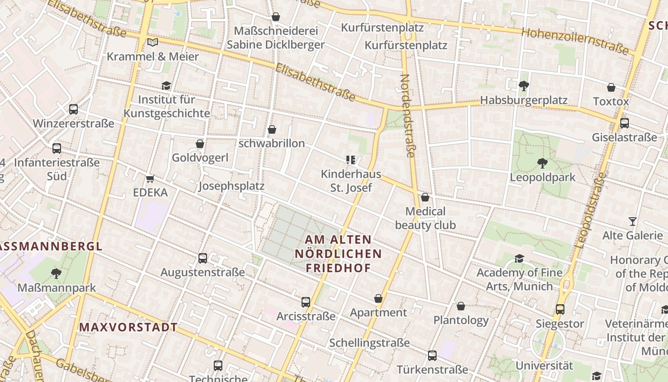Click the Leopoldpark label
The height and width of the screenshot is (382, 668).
click(543, 177)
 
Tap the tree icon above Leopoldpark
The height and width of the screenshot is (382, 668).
click(542, 163)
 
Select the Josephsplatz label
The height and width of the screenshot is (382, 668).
click(231, 186)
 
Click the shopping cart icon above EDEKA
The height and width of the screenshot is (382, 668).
click(150, 179)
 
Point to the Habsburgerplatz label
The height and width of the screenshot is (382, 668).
click(523, 100)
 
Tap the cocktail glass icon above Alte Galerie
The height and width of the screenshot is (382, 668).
click(633, 222)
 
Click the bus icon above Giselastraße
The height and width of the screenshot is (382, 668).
click(624, 123)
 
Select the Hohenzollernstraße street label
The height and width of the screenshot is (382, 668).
click(575, 41)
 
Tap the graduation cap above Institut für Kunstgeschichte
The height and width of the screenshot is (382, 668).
click(166, 85)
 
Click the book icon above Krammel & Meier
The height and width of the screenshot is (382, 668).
click(152, 42)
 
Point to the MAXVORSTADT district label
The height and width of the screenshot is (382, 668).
click(128, 328)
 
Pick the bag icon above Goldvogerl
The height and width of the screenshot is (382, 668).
click(200, 144)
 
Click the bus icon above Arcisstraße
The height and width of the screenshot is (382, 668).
click(306, 302)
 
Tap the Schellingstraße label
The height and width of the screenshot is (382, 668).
click(369, 343)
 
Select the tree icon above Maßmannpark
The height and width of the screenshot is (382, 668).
click(56, 274)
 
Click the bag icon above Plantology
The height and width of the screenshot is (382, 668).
click(461, 306)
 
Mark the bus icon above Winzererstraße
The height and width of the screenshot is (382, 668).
click(73, 109)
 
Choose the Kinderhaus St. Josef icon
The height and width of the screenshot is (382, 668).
click(351, 160)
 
